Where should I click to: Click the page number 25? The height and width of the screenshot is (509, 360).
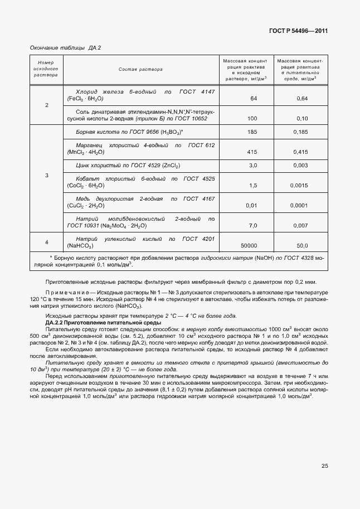coord(324,466)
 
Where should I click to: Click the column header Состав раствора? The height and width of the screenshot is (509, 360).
coord(140,70)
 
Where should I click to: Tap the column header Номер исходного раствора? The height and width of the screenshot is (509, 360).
coord(46,69)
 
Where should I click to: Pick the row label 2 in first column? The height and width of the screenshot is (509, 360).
coord(47,105)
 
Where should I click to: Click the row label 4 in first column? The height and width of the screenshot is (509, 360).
coord(47,242)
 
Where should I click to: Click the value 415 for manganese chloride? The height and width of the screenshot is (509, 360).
coord(252,152)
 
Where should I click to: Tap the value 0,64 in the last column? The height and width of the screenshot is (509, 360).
coord(302,99)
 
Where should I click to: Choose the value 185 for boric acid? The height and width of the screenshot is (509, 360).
coord(252,132)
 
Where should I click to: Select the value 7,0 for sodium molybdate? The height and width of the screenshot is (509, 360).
coord(252,225)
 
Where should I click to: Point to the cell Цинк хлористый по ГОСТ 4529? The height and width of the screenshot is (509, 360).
coord(128,166)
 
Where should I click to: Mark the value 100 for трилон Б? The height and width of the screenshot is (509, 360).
coord(252,119)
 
